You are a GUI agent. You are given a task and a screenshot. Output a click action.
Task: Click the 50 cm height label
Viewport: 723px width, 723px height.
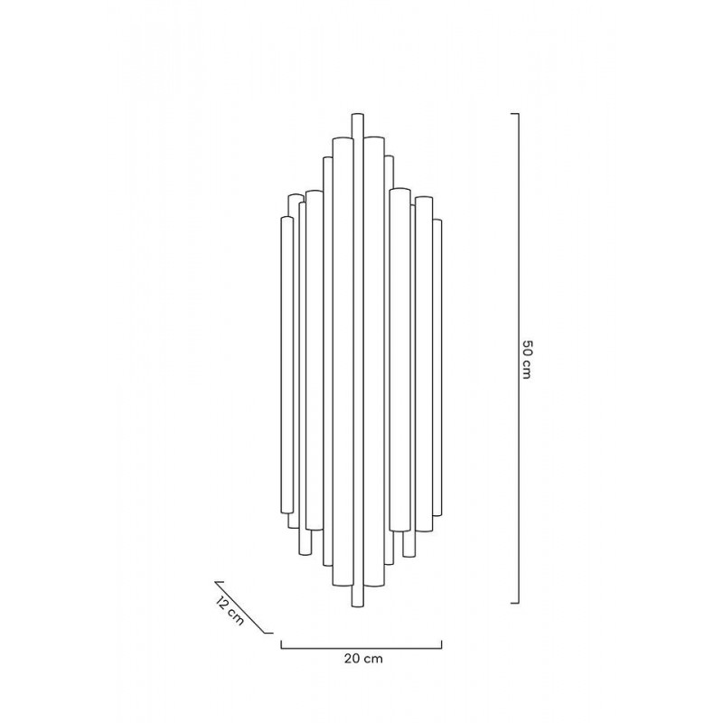point(527,360)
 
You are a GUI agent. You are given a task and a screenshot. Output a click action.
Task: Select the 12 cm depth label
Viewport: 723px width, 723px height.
point(230,611)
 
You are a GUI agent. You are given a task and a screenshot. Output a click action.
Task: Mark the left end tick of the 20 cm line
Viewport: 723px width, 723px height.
point(281,643)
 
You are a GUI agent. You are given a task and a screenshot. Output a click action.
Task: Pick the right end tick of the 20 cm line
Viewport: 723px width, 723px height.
point(443,643)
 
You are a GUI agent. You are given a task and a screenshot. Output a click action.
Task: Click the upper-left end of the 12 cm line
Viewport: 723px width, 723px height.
point(215,582)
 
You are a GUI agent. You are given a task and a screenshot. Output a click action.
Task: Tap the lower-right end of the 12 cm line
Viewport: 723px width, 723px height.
point(272,633)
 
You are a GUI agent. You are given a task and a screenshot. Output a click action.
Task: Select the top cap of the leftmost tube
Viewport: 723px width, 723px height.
point(286,219)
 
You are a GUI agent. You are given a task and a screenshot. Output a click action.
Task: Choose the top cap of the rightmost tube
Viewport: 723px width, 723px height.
point(437,221)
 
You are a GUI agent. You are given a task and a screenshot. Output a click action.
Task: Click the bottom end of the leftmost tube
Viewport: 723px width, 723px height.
point(286,513)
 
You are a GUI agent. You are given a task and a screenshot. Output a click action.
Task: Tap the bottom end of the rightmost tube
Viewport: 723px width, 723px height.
point(437,512)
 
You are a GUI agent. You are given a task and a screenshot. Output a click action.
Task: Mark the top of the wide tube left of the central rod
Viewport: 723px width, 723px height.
point(343,137)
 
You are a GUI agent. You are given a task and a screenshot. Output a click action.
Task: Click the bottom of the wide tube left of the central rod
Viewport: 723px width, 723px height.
point(343,584)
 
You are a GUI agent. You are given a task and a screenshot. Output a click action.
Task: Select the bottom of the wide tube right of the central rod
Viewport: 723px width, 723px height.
point(375,584)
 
